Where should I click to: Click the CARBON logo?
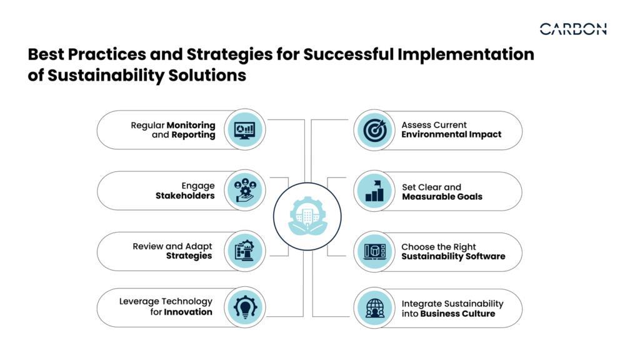coord(573,29)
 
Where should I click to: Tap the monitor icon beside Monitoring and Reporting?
coord(245,130)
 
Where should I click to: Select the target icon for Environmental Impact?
coord(374,130)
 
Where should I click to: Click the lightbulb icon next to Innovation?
coord(245,307)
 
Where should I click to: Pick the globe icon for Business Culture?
coord(375,308)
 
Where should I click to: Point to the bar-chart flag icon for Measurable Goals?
coord(375,191)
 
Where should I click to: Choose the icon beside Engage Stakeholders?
coord(245,190)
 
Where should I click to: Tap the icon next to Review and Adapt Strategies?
coord(245,251)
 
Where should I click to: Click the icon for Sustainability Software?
coord(375,251)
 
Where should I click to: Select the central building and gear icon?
coord(307,216)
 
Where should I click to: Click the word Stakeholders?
coord(185,196)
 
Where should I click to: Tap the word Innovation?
coord(188,312)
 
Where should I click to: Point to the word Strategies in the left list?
coord(189,256)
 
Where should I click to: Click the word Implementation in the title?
coord(466,54)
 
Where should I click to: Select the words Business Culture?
coord(457,314)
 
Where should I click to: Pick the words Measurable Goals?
coord(442,197)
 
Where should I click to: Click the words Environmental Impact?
coord(451,135)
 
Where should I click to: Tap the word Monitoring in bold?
coord(191,125)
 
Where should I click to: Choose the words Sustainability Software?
coord(454,257)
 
